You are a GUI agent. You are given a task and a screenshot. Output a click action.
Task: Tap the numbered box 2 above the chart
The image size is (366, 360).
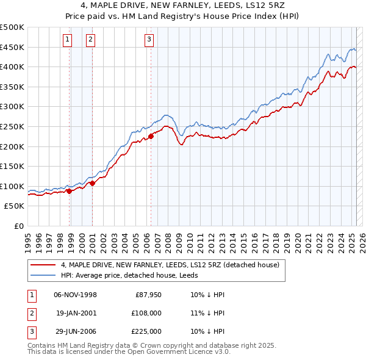[x=90, y=40]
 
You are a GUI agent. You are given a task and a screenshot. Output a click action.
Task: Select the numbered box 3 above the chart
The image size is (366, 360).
[x=149, y=40]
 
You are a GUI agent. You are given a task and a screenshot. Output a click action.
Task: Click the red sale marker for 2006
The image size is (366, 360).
[x=151, y=137]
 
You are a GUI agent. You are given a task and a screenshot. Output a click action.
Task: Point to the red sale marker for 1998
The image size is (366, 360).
[x=69, y=191]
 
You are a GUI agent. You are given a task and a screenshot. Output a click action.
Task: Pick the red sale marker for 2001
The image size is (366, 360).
[x=92, y=183]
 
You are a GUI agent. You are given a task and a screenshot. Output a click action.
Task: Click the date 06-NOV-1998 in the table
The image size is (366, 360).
[x=76, y=295]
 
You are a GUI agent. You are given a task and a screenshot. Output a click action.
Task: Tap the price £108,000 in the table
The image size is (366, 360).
[x=147, y=313]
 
